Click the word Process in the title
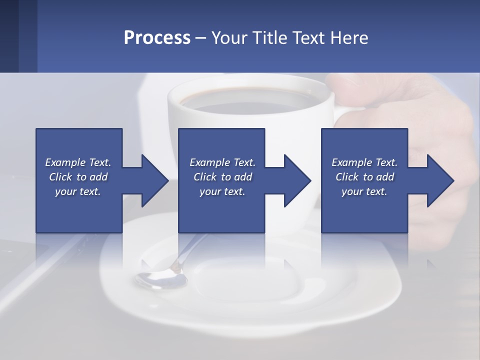tap(157, 37)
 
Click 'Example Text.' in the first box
tap(78, 162)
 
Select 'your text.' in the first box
tap(78, 191)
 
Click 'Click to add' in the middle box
tap(222, 177)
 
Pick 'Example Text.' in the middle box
tap(222, 162)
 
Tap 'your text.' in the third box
tap(364, 191)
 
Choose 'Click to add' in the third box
tap(364, 177)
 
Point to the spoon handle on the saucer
tap(192, 250)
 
